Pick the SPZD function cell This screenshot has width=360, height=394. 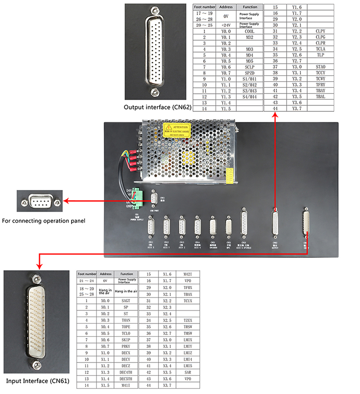[249, 72]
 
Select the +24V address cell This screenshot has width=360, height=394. [226, 24]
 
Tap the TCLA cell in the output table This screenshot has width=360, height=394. [321, 48]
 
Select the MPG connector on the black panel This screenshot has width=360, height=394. [229, 226]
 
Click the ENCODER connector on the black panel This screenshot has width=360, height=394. [213, 226]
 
